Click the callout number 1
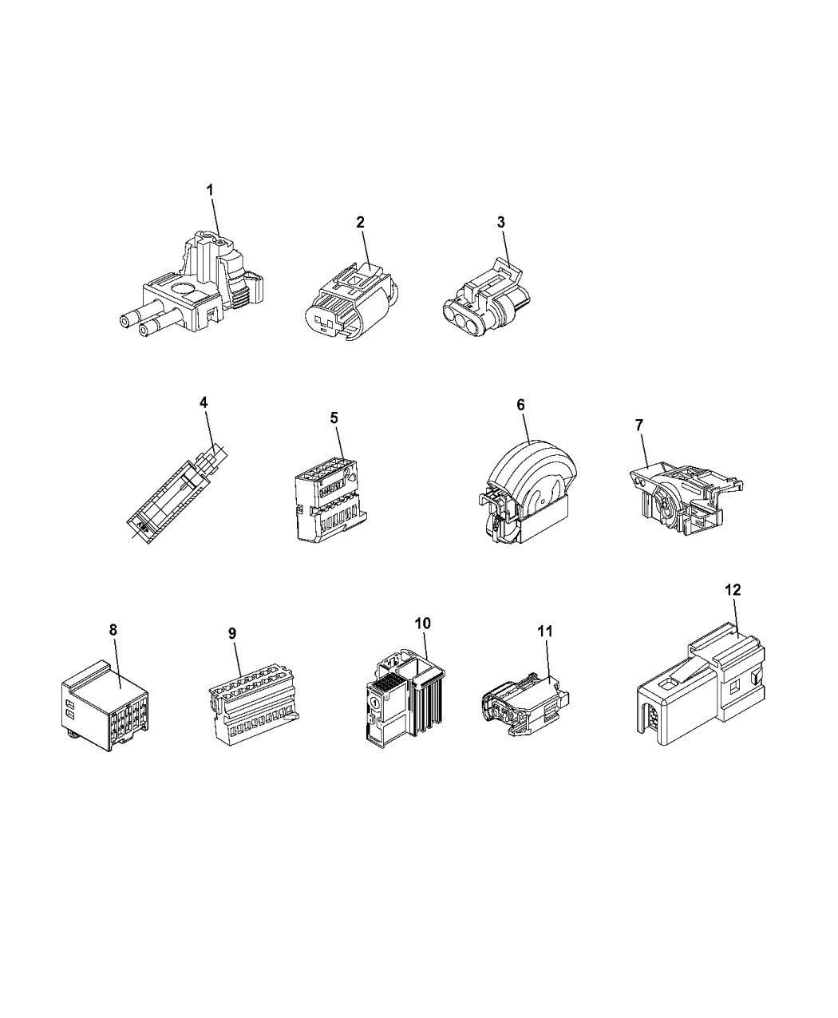click(211, 190)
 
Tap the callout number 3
click(500, 222)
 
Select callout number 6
click(520, 405)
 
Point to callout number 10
click(423, 624)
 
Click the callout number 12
click(733, 590)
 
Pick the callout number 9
click(232, 633)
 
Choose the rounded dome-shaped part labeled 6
click(527, 493)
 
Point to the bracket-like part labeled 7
click(685, 498)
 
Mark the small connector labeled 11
click(524, 703)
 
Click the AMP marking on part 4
click(142, 525)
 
